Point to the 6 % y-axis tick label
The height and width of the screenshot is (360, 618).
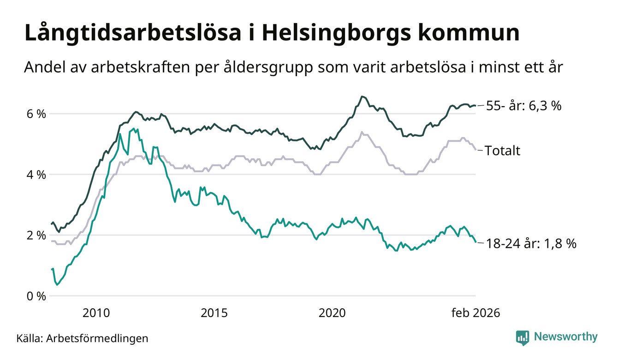pos(35,114)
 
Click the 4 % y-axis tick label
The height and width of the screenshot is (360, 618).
pos(35,174)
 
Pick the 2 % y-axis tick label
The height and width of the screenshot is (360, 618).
pos(35,235)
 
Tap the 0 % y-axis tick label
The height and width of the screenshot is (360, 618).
pos(35,296)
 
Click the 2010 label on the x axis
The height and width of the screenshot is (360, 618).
pos(96,313)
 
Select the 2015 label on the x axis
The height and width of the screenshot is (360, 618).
pos(214,313)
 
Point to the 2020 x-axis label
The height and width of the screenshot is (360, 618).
pos(332,313)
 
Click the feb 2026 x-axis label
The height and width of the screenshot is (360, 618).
pos(475,313)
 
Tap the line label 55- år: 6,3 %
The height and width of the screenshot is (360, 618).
pos(523,106)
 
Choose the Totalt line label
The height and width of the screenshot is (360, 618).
pos(502,150)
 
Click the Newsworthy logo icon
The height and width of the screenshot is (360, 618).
pos(522,337)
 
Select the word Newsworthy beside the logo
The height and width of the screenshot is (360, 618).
pos(565,337)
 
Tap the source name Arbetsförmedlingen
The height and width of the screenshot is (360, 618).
pos(97,338)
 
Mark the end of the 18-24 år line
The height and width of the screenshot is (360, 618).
pos(475,242)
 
